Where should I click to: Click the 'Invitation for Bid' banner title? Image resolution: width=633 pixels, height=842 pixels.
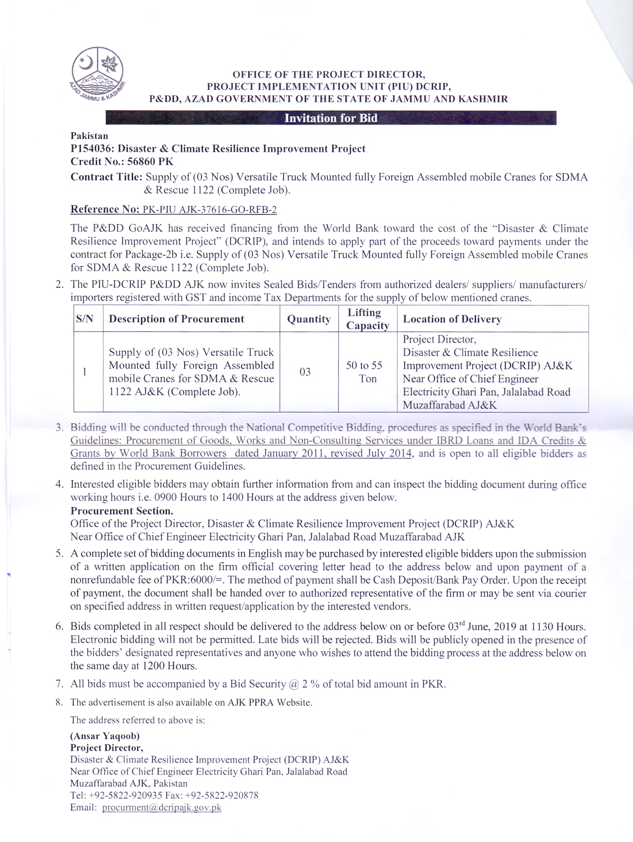coord(331,118)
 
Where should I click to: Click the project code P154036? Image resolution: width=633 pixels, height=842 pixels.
coord(91,149)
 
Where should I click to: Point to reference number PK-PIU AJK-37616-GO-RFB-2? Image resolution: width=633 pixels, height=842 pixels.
coord(210,210)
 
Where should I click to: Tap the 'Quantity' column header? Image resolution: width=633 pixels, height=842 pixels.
coord(309,319)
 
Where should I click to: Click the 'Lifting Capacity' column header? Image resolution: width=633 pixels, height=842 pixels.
coord(367,319)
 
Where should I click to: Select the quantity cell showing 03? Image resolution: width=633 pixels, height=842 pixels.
coord(305,372)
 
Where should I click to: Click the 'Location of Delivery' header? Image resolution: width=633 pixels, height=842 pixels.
coord(452,319)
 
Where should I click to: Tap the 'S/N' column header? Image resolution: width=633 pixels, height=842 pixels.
coord(85,319)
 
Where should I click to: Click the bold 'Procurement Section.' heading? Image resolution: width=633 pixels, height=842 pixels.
coord(122,511)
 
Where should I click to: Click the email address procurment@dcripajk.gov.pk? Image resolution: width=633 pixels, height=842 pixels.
coord(162,807)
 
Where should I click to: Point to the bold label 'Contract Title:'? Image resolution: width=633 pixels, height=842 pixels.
coord(107,177)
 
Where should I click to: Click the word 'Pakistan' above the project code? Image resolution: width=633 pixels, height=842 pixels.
coord(89,136)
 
